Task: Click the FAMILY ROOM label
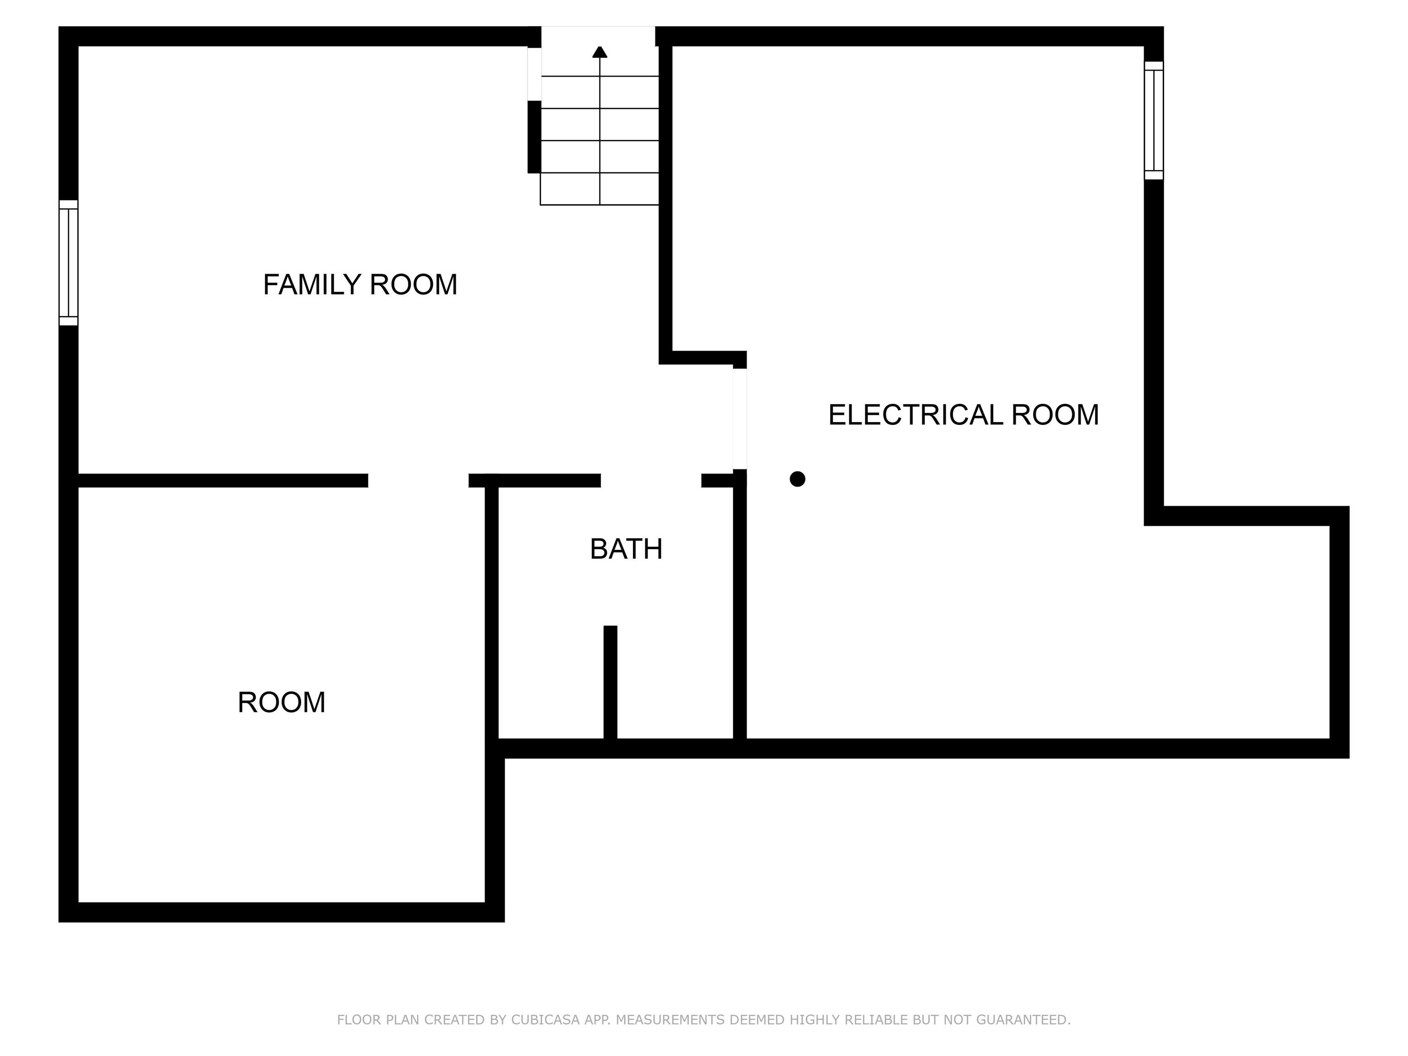[x=360, y=285]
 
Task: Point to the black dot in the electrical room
[x=797, y=478]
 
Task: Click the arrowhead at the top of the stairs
[x=599, y=52]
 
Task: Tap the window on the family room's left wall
[x=69, y=263]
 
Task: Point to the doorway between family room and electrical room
[x=740, y=419]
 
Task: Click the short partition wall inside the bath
[x=610, y=682]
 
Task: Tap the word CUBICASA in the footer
[x=545, y=1020]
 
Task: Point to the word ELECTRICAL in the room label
[x=915, y=415]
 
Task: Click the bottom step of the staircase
[x=599, y=189]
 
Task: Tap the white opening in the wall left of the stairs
[x=534, y=74]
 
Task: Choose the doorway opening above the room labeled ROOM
[x=418, y=481]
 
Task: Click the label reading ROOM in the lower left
[x=281, y=703]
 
